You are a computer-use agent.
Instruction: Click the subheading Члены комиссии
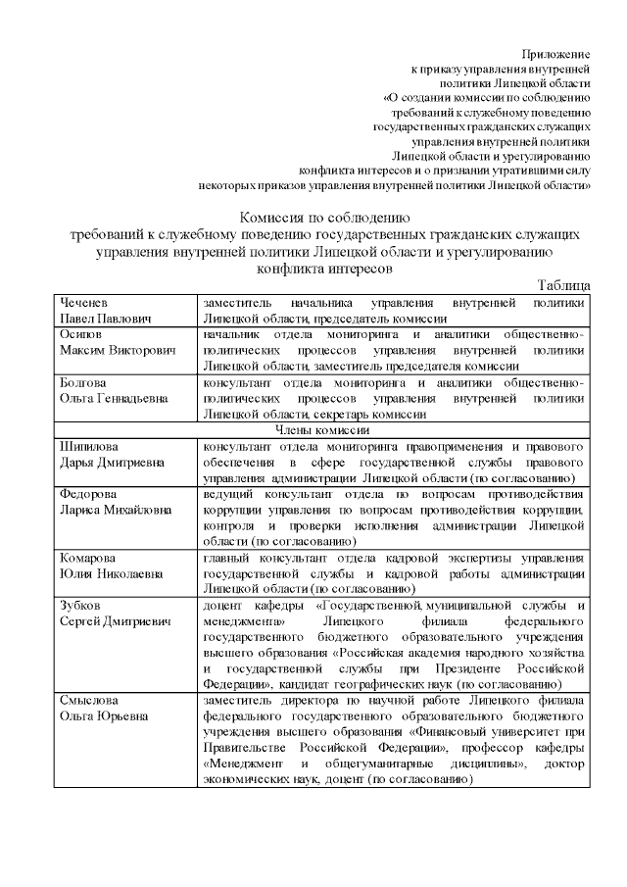point(322,430)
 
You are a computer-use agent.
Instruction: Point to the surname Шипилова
point(89,446)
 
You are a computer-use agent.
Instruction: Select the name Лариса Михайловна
point(115,510)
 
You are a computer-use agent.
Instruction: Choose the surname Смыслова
point(89,701)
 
